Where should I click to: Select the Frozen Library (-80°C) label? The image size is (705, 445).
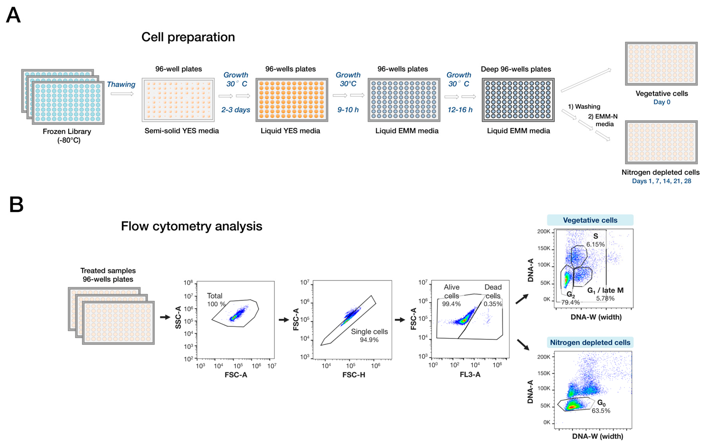67,136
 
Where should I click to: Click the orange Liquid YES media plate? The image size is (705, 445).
292,100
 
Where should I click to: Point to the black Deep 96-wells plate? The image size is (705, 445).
518,100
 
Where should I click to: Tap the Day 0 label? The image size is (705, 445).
662,102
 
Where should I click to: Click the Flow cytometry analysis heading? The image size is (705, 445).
192,226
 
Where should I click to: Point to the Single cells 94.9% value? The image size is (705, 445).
369,340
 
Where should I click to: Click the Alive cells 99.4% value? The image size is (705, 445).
451,304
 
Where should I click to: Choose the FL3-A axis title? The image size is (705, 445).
470,375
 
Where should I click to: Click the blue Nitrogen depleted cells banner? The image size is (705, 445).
590,342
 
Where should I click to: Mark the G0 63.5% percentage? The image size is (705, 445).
601,410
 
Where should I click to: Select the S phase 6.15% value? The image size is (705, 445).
595,244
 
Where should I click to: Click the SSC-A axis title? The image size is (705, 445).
178,317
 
